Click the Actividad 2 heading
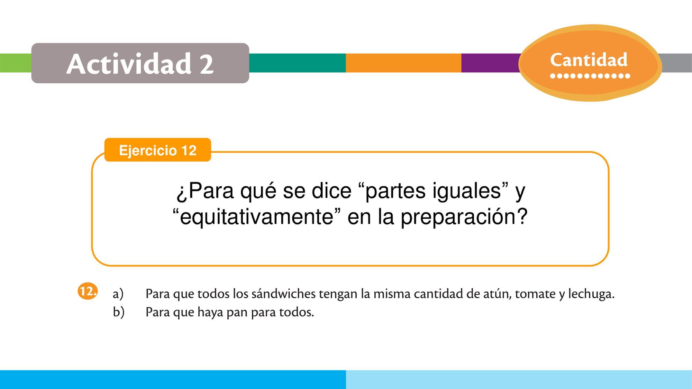coord(140,64)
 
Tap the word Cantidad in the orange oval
coord(589,60)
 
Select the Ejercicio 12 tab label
coord(158,150)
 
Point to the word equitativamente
coord(256,217)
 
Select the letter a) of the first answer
coord(118,294)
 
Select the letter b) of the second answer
coord(118,312)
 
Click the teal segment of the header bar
coord(297,63)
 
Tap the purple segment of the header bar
coord(491,63)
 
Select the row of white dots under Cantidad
coord(590,76)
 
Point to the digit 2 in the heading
coord(207,64)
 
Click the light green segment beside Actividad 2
coord(16,63)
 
